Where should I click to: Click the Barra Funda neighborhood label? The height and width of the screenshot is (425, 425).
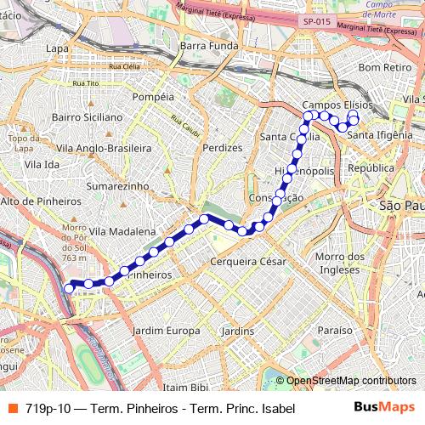coord(206,45)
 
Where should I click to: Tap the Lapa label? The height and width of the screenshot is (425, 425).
coord(58,48)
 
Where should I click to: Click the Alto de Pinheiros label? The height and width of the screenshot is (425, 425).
coord(40,201)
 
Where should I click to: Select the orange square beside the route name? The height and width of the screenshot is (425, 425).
coord(11,408)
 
